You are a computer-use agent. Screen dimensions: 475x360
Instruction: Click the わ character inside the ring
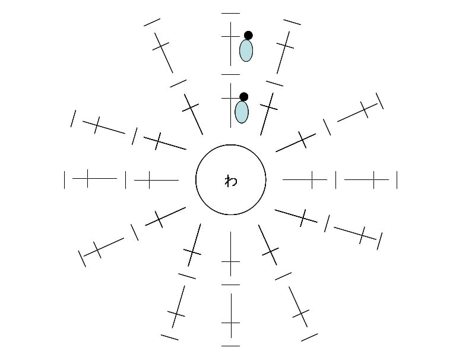pos(231,181)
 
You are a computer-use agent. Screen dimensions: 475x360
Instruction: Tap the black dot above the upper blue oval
pos(248,36)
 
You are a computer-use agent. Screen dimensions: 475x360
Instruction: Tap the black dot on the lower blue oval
pos(244,97)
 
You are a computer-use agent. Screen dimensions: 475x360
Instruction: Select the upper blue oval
pos(246,50)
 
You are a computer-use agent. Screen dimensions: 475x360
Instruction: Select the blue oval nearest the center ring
pos(242,112)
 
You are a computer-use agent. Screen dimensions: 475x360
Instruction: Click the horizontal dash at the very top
pos(230,13)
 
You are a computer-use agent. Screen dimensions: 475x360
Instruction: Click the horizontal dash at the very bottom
pos(230,346)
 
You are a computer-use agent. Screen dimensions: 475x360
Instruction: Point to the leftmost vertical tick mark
pos(64,179)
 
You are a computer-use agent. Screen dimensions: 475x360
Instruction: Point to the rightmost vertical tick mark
pos(397,179)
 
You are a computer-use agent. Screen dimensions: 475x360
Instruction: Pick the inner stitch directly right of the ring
pos(305,179)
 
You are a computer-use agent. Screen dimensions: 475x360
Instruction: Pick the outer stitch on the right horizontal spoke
pos(366,179)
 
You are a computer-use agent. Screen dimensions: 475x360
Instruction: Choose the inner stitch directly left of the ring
pos(156,180)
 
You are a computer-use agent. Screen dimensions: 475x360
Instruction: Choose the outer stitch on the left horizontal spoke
pos(94,178)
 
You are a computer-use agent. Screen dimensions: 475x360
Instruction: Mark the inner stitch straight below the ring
pos(230,254)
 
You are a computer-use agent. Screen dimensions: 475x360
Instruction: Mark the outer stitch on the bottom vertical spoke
pos(231,315)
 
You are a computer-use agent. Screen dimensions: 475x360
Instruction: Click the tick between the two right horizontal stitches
pos(335,179)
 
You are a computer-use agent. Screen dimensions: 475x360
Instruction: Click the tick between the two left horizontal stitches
pos(125,179)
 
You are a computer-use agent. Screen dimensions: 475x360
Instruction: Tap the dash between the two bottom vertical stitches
pos(230,285)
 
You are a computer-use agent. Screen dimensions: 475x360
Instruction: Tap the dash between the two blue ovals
pos(230,74)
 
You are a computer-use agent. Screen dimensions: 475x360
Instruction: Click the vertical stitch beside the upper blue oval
pos(230,44)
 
